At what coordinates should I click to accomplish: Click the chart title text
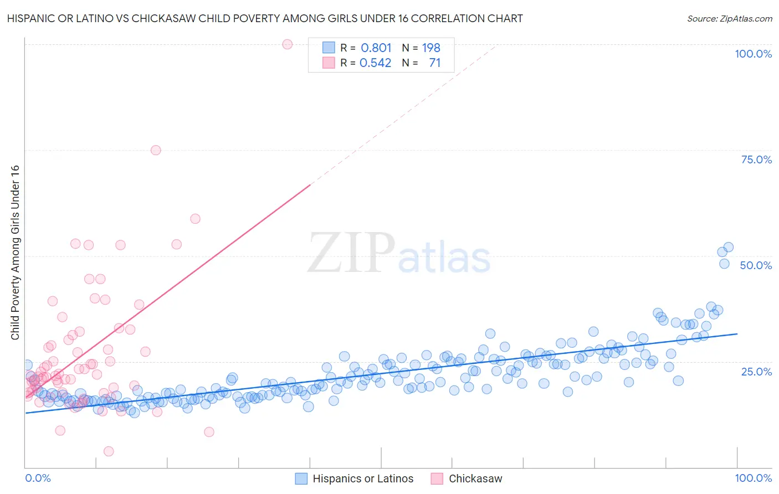pyautogui.click(x=265, y=19)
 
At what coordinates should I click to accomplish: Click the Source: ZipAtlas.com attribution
pyautogui.click(x=729, y=19)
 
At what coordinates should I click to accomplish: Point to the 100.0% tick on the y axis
pyautogui.click(x=753, y=54)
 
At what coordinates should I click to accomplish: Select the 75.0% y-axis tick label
pyautogui.click(x=756, y=159)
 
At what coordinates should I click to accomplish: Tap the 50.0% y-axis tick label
pyautogui.click(x=756, y=265)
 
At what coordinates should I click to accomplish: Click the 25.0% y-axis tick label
pyautogui.click(x=756, y=371)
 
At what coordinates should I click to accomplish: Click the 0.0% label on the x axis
pyautogui.click(x=38, y=478)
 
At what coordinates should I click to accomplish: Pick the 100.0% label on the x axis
pyautogui.click(x=753, y=478)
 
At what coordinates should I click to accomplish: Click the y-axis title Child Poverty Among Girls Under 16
pyautogui.click(x=16, y=253)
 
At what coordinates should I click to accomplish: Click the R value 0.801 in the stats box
pyautogui.click(x=376, y=48)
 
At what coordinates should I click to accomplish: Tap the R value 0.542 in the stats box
pyautogui.click(x=375, y=63)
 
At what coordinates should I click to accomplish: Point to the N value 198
pyautogui.click(x=431, y=48)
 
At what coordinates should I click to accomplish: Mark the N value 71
pyautogui.click(x=434, y=63)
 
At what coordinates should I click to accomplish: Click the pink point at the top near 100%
pyautogui.click(x=287, y=44)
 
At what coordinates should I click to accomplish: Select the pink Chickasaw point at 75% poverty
pyautogui.click(x=156, y=150)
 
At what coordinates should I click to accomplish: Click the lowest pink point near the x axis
pyautogui.click(x=109, y=451)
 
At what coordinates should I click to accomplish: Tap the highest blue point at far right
pyautogui.click(x=729, y=247)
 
